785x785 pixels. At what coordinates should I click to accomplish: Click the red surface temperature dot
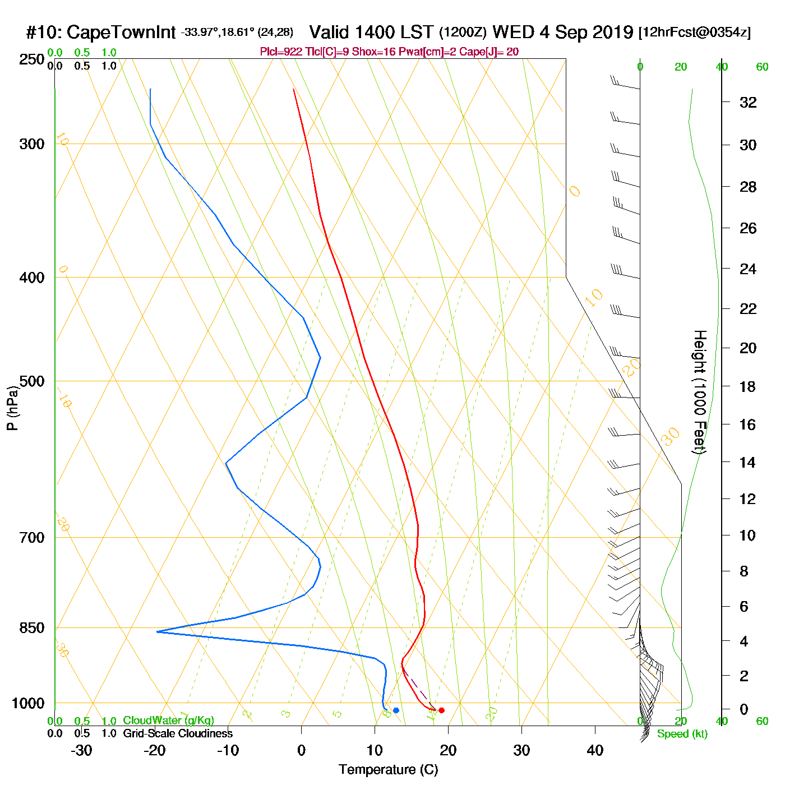[441, 710]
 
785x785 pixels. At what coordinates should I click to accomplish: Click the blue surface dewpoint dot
[396, 710]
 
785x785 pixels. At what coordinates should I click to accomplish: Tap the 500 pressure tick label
[32, 381]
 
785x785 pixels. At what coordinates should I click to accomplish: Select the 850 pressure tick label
[32, 628]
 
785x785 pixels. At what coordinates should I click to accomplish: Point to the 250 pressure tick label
[32, 59]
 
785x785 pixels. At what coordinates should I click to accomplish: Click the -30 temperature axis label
[81, 750]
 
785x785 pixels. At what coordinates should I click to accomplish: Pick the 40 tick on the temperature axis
[595, 750]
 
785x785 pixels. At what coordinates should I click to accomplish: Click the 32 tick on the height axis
[748, 102]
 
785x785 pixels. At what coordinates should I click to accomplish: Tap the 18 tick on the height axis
[748, 386]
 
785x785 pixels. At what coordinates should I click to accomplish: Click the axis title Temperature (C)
[388, 769]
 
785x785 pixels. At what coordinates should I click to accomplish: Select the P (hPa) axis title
[12, 408]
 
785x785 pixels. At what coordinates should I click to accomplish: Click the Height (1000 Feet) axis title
[700, 392]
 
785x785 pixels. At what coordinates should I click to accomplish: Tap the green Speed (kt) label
[682, 734]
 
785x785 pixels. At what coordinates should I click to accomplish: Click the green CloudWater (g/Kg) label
[168, 721]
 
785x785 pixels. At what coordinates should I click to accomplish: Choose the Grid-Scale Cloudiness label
[178, 733]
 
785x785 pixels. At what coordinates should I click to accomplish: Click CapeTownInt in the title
[121, 33]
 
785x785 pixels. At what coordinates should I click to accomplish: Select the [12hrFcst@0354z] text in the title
[695, 33]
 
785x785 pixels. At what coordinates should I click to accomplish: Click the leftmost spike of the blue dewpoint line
[157, 632]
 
